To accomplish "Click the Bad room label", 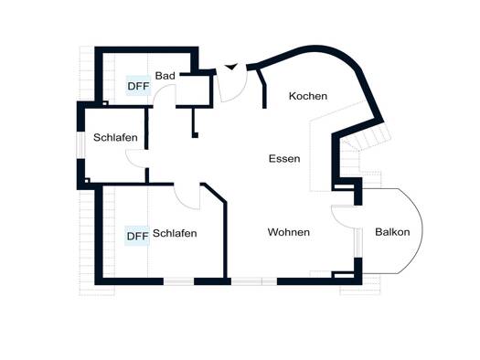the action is pos(165,76).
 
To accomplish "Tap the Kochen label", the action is pos(308,96).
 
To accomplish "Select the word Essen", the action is pos(284,158).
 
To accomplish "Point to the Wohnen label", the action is pos(289,232).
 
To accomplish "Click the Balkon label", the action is pos(392,232).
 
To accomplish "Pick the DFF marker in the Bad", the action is pos(138,86).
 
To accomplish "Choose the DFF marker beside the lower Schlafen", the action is pos(137,236).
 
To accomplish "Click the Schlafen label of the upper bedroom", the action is pos(115,137).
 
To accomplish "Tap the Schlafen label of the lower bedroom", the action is pos(175,233).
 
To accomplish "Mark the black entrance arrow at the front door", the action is pos(231,67).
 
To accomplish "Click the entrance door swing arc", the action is pos(241,91).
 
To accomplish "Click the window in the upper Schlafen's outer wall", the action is pos(80,145).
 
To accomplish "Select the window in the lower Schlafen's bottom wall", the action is pos(179,281).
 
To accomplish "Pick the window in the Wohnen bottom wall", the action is pos(254,281).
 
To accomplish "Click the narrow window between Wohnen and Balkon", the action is pos(358,243).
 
